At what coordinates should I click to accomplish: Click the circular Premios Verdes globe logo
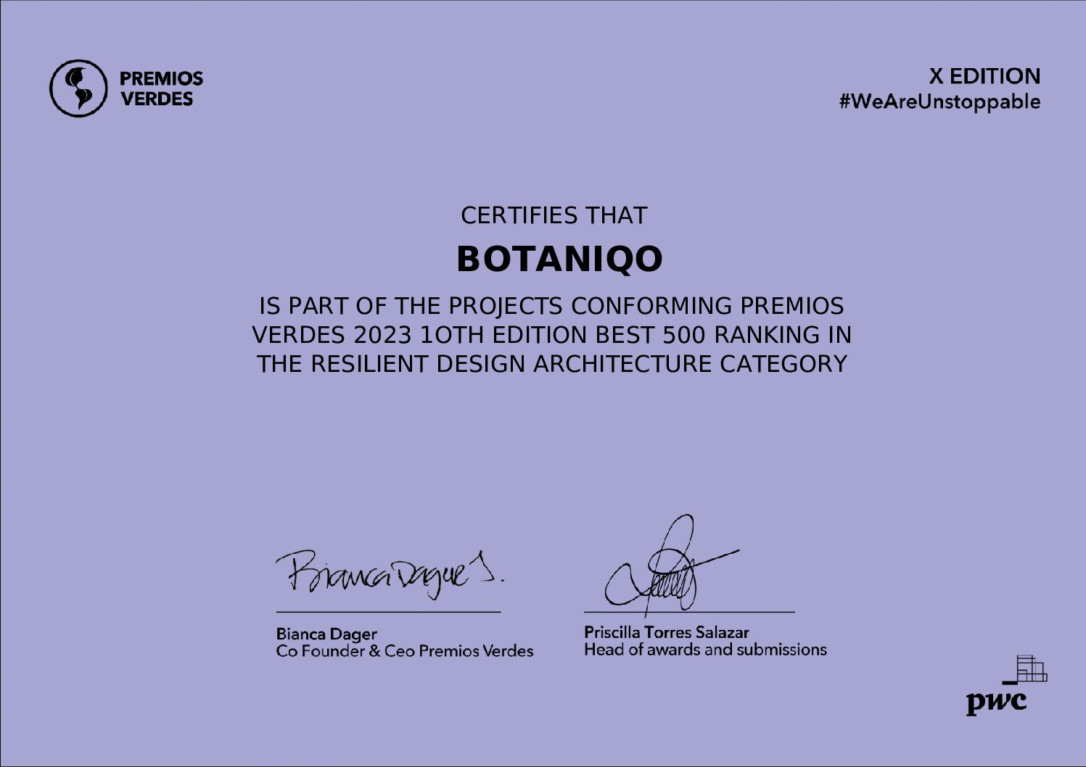tap(78, 88)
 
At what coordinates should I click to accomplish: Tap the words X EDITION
tap(984, 77)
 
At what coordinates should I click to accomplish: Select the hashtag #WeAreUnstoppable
tap(939, 102)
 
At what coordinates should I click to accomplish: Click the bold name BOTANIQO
tap(559, 260)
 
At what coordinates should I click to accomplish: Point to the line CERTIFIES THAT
tap(554, 215)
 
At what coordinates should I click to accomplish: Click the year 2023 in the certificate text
tap(382, 335)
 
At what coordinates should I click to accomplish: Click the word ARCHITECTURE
tap(622, 364)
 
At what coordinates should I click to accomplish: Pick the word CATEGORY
tap(783, 364)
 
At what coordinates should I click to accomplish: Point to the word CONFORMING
tap(651, 306)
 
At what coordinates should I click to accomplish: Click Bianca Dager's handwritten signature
tap(390, 575)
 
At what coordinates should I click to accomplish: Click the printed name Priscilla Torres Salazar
tap(667, 632)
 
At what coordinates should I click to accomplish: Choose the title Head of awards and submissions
tap(705, 650)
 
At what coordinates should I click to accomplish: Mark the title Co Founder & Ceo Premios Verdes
tap(405, 651)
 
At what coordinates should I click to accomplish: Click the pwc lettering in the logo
tap(996, 702)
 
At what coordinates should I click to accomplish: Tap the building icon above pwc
tap(1028, 669)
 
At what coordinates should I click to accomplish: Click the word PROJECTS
tap(505, 306)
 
